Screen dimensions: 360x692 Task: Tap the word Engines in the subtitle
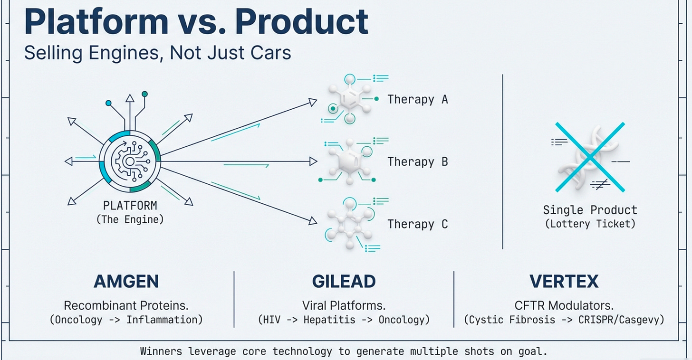pyautogui.click(x=120, y=52)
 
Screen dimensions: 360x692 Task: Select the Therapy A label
pyautogui.click(x=417, y=99)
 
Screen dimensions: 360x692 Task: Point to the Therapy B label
pyautogui.click(x=417, y=161)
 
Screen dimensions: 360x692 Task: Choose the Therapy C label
pyautogui.click(x=417, y=224)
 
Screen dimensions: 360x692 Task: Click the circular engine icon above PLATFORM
pyautogui.click(x=129, y=161)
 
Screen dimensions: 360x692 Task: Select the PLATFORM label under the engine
pyautogui.click(x=130, y=206)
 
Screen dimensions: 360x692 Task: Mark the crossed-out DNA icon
pyautogui.click(x=589, y=157)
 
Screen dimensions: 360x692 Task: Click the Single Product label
pyautogui.click(x=590, y=210)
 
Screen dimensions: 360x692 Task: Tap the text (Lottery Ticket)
pyautogui.click(x=590, y=223)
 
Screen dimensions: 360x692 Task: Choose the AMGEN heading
pyautogui.click(x=126, y=282)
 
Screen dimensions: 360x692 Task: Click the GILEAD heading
pyautogui.click(x=344, y=282)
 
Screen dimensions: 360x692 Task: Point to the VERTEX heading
pyautogui.click(x=564, y=282)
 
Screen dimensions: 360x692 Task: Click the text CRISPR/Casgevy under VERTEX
pyautogui.click(x=621, y=320)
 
